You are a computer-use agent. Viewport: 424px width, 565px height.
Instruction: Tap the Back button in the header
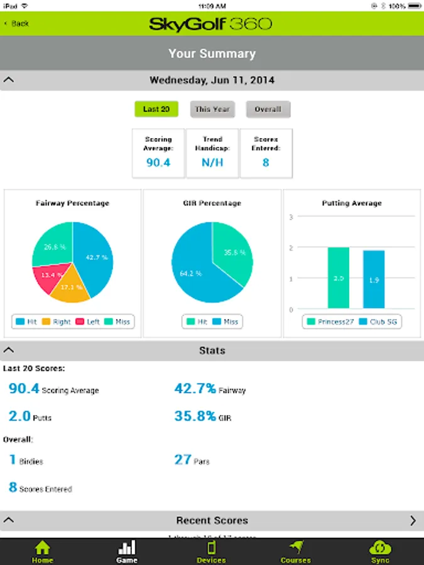tap(17, 23)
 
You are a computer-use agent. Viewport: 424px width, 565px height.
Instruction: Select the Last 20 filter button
tap(156, 109)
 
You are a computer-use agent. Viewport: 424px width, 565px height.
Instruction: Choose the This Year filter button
tap(212, 109)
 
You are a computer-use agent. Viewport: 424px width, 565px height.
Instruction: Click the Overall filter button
tap(268, 109)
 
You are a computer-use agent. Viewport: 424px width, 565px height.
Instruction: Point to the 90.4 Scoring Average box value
tap(158, 163)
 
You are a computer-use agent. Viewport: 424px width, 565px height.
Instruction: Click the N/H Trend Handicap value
tap(212, 163)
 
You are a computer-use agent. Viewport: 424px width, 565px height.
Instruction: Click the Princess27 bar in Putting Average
tap(338, 277)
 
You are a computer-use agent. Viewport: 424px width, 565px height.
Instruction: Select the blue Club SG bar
tap(374, 279)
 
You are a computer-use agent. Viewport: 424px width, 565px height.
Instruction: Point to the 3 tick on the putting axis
tap(291, 217)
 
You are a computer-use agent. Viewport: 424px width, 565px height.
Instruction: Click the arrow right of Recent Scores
tap(413, 520)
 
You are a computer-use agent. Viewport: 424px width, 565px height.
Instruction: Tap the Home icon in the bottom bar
tap(42, 551)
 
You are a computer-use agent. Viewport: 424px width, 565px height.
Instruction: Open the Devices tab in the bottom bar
tap(212, 551)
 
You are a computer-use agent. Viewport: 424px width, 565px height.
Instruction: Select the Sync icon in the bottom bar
tap(380, 551)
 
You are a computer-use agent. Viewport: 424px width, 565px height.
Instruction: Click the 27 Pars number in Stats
tap(183, 460)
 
